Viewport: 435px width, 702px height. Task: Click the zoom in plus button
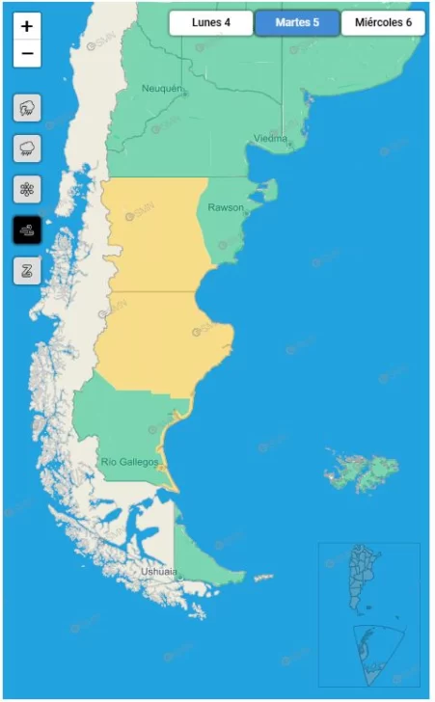27,27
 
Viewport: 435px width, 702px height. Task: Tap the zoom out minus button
27,53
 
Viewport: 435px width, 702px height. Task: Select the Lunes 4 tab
210,23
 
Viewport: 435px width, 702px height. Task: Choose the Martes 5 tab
297,23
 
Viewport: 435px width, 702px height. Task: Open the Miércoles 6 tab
383,23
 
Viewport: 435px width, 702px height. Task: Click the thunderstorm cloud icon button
27,107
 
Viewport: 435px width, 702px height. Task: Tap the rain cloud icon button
27,148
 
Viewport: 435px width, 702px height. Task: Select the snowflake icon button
27,189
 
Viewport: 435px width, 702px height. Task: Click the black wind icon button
27,229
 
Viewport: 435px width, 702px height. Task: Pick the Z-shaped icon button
27,270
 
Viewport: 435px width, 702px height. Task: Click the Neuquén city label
161,89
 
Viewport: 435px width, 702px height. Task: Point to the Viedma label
271,138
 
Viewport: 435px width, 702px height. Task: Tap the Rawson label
226,207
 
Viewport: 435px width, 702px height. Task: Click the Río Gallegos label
129,463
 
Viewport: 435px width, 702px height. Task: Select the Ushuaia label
159,571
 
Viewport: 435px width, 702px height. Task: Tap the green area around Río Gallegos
121,424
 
